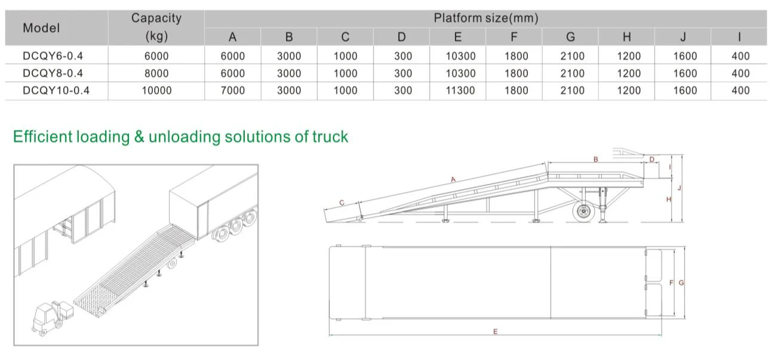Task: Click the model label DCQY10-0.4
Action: coord(56,90)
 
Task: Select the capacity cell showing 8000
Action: coord(156,73)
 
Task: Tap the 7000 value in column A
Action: coord(232,90)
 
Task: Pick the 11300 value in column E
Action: coord(458,90)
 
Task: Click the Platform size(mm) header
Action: coord(485,19)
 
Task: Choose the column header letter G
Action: coord(570,37)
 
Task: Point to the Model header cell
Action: coord(41,28)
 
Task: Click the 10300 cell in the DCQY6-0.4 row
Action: coord(458,56)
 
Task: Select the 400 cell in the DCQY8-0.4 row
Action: coord(740,73)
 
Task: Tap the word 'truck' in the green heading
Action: coord(330,137)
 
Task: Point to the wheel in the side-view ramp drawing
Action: coord(582,212)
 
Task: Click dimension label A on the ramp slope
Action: coord(453,179)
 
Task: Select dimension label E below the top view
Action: coord(495,331)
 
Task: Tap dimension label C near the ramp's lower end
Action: coord(341,203)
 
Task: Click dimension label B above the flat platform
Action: coord(595,159)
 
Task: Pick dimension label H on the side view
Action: coord(668,199)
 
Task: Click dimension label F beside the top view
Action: coord(671,282)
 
